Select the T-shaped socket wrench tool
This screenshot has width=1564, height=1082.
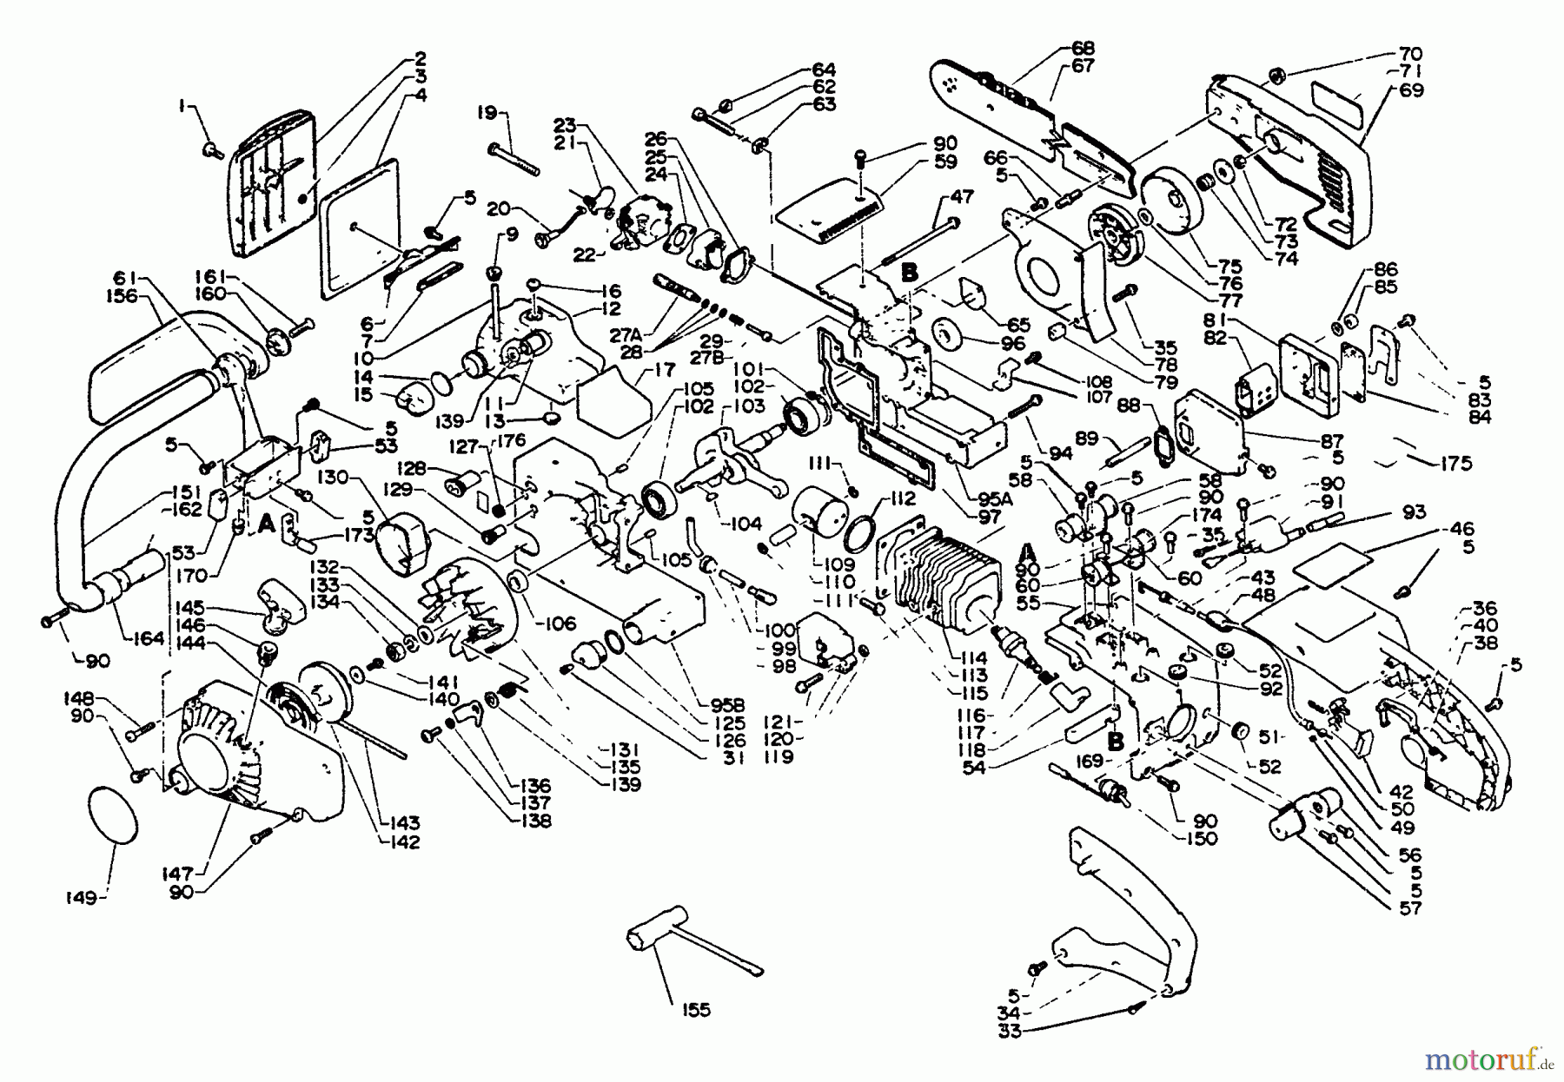point(678,950)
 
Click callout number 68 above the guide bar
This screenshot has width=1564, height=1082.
point(1083,49)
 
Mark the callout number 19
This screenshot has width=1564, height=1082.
point(487,112)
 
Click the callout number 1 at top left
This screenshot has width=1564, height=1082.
point(182,105)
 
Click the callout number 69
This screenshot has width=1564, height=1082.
point(1412,89)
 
